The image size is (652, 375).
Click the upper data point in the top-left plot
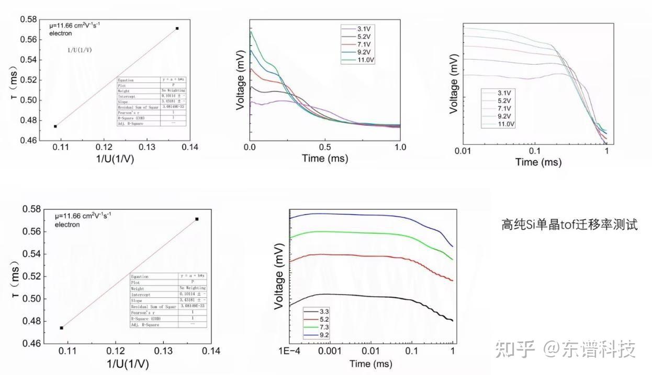[177, 28]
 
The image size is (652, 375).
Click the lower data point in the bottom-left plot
[62, 327]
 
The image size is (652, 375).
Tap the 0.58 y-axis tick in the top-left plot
[28, 20]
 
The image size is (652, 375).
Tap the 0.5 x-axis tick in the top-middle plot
[325, 147]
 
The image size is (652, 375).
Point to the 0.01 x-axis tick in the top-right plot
[464, 150]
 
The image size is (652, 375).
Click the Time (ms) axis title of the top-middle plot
[325, 159]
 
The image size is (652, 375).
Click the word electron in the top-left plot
[60, 33]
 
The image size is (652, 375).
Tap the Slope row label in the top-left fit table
[124, 102]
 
